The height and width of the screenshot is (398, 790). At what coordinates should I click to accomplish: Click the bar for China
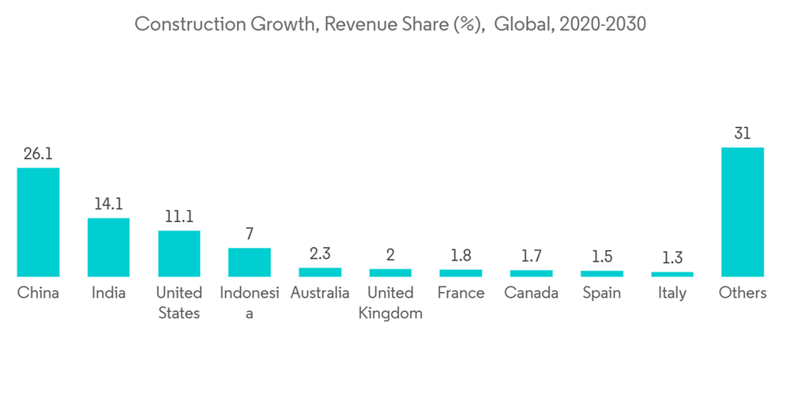point(38,222)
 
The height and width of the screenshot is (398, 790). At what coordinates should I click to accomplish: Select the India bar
point(108,247)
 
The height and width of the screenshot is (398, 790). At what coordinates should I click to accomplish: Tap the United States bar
point(179,253)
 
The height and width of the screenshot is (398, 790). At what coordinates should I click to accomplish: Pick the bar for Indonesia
point(250,262)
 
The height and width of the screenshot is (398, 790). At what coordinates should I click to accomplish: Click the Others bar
point(743,212)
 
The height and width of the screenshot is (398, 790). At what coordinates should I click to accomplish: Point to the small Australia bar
point(320,272)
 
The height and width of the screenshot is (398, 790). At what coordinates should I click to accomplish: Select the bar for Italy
point(672,274)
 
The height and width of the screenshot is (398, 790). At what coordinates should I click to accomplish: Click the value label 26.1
point(38,154)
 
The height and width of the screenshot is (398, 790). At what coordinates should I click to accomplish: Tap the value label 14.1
point(108,205)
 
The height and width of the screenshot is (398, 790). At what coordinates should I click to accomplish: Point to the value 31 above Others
point(743,133)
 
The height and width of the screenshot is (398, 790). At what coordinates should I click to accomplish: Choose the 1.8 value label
point(461,256)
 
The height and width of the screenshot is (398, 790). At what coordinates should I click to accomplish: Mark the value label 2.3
point(320,254)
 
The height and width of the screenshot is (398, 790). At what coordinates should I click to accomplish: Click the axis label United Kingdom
point(390,302)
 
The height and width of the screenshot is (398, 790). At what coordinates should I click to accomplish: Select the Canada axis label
point(531,293)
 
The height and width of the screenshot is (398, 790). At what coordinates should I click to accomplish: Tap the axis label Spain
point(601,293)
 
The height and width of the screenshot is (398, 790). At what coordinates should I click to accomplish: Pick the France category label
point(461,293)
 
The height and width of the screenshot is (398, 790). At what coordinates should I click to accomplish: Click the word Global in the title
point(524,24)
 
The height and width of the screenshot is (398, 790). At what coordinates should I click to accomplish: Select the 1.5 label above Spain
point(601,257)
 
